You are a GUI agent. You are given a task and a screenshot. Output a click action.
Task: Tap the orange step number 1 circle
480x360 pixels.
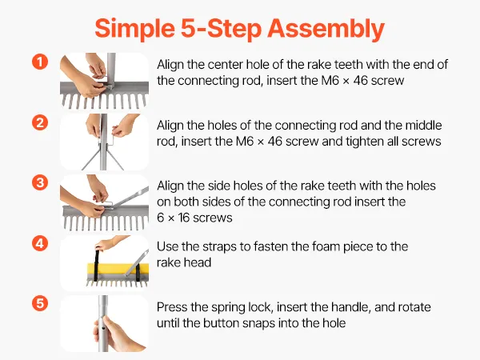click(40, 62)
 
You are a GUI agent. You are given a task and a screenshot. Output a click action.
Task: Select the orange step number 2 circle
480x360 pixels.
click(40, 122)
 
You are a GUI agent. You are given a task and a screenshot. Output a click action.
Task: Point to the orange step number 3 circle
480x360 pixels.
click(40, 182)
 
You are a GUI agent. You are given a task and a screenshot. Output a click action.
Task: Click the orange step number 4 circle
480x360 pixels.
click(40, 244)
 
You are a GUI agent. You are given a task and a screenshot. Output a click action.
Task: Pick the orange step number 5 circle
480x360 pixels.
click(40, 303)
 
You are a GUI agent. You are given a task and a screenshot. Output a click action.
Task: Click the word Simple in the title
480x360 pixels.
click(134, 29)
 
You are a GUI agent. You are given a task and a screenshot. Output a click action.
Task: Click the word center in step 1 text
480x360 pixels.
click(226, 65)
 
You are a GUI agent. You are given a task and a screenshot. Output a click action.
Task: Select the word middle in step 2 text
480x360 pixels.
click(423, 126)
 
